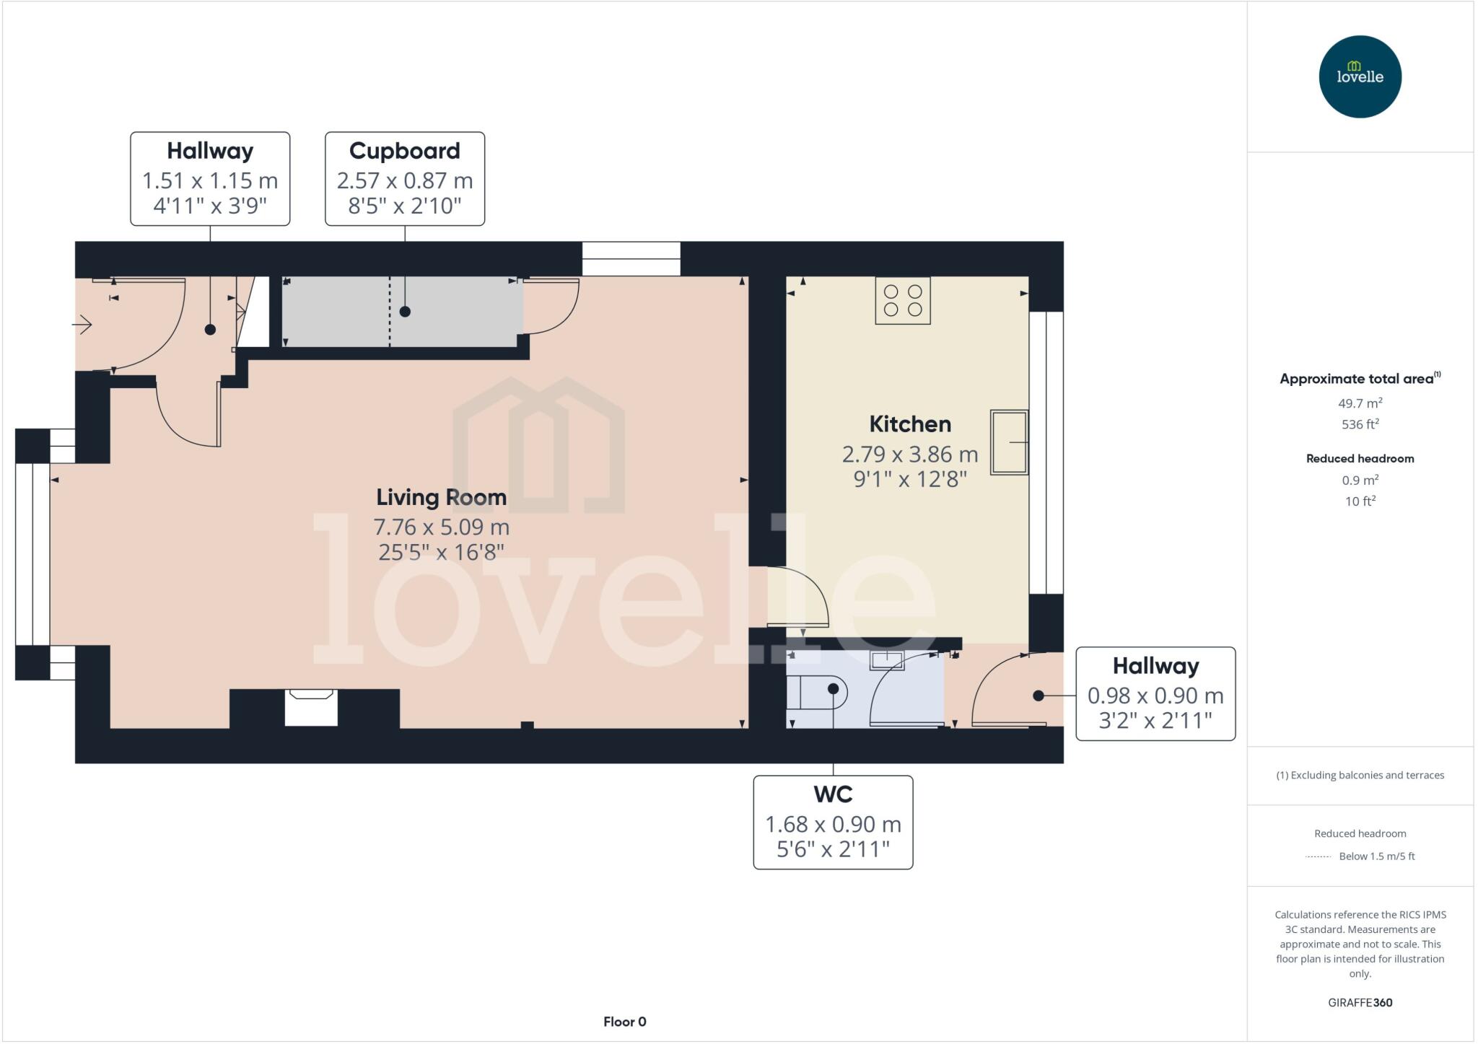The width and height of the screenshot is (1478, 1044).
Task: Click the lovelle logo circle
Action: coord(1360,76)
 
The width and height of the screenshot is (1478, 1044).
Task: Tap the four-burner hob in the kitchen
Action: coord(903,301)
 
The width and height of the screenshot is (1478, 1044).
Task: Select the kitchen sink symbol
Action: coord(1008,442)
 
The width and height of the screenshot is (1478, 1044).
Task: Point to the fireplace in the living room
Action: coord(311,707)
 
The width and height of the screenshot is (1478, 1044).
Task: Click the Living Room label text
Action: coord(441,497)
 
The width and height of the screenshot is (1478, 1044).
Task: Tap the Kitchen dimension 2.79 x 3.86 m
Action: coord(909,455)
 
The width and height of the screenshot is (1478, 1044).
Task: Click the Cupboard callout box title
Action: coord(404,151)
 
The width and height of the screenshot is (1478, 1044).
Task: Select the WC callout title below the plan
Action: coord(833,794)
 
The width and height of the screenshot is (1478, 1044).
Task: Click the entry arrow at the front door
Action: coord(82,325)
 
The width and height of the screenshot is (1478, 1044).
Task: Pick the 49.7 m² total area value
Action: coord(1360,403)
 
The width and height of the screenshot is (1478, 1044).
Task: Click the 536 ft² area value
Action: coord(1360,424)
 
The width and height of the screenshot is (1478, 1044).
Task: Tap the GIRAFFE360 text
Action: coord(1360,1002)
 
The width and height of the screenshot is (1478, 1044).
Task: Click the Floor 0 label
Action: coord(624,1022)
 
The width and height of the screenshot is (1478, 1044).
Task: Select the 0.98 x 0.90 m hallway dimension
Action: coord(1155,696)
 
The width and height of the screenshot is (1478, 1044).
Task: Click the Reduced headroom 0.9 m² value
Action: coord(1360,480)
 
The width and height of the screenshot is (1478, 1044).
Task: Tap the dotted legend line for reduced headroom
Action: coord(1318,856)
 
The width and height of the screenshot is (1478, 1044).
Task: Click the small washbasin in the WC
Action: coord(886,659)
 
